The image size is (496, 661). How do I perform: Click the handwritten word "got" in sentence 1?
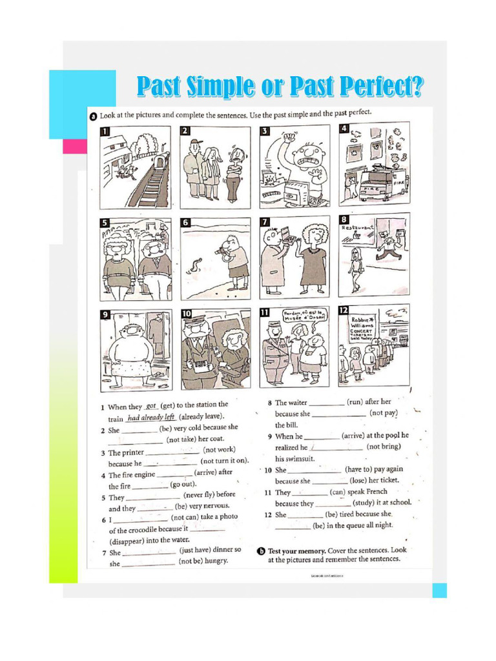tap(152, 406)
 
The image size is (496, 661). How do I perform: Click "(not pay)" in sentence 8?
tap(384, 413)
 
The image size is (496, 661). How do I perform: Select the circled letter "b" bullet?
tap(261, 551)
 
